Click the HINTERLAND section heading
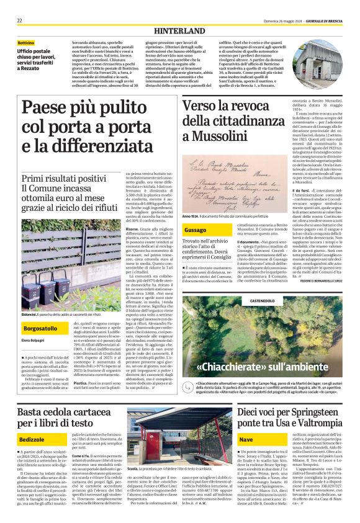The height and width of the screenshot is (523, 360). (x=179, y=30)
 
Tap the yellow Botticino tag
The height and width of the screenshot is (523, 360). (x=26, y=43)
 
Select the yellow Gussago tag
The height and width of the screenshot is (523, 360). (x=195, y=230)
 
